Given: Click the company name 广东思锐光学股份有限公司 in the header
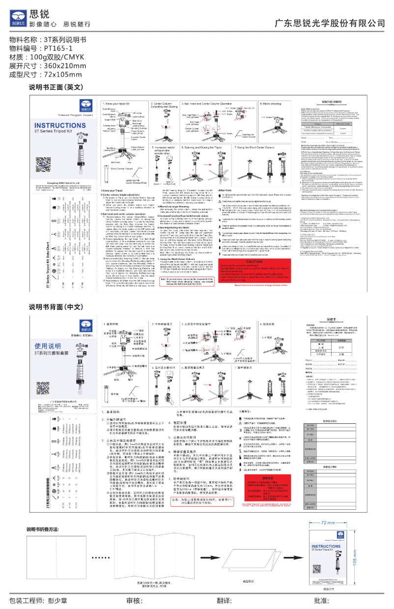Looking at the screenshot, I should pos(329,23).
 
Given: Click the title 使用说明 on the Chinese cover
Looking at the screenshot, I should pos(48,346).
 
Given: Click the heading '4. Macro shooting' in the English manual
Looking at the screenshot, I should pos(274,105).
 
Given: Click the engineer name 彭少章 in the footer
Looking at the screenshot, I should pos(58,601).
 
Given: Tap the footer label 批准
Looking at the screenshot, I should pos(321,601).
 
